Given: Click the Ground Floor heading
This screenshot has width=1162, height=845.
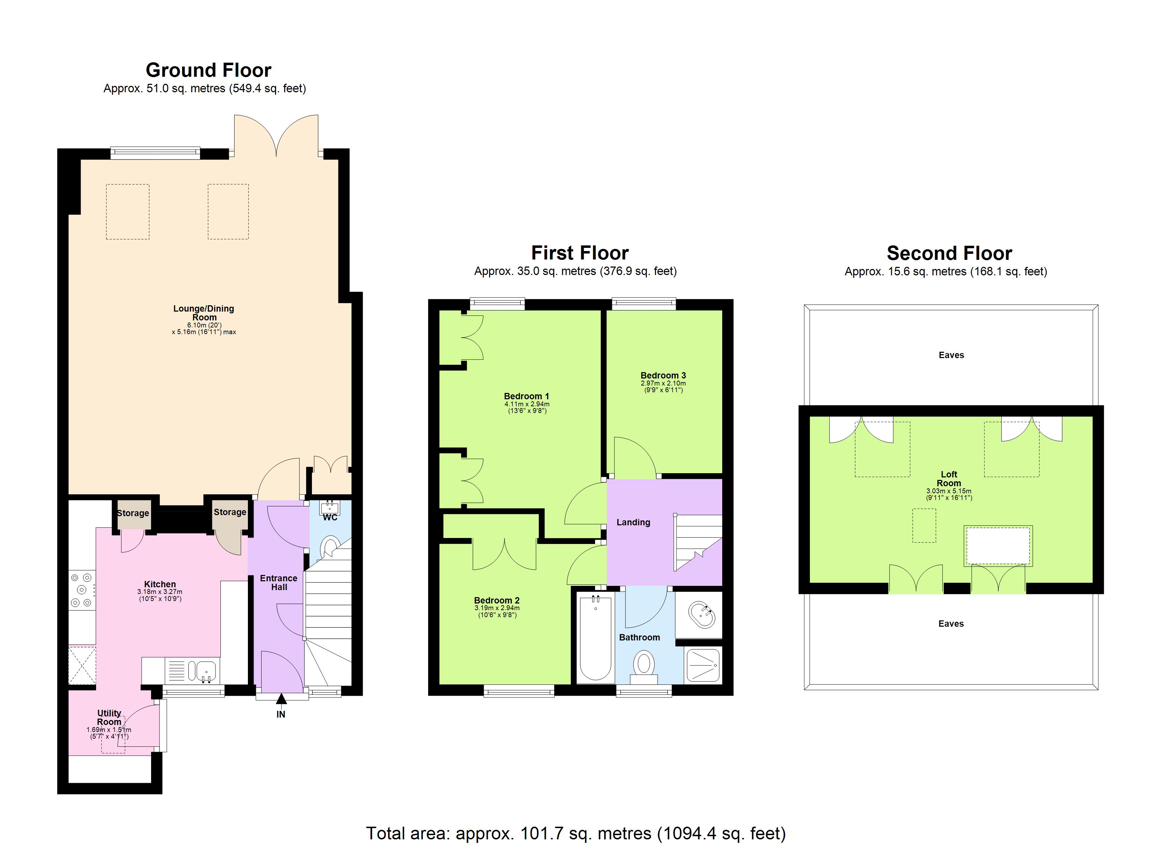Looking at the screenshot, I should (208, 70).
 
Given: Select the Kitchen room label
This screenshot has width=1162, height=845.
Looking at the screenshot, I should (160, 584).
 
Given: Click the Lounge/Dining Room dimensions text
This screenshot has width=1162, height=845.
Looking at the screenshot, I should (204, 328).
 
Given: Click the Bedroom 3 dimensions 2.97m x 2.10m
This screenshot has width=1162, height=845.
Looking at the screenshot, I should (663, 383).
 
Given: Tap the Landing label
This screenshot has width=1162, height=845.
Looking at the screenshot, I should (633, 522).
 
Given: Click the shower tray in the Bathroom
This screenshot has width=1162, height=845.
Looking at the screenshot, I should (703, 665).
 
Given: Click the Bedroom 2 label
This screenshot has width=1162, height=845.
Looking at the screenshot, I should (496, 600).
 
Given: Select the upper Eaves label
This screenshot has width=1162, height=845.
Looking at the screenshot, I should (951, 355).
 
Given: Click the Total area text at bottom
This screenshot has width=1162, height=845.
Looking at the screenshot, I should (575, 833).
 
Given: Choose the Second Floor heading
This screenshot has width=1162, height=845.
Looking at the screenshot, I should (949, 254).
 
